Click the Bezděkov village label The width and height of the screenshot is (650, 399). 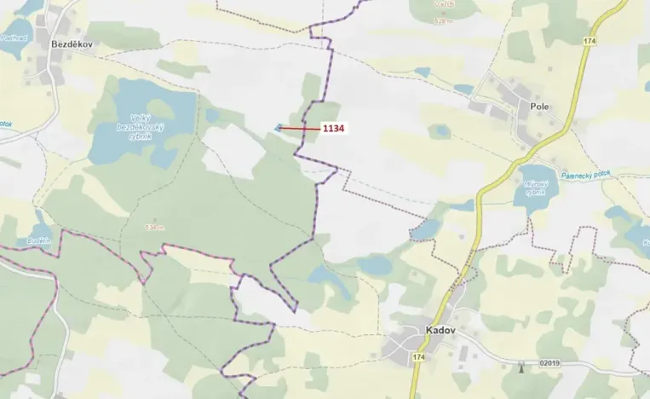(71, 43)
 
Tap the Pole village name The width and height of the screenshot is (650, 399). (538, 107)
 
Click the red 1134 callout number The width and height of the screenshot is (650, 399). (333, 128)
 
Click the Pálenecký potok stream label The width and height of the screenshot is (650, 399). (586, 175)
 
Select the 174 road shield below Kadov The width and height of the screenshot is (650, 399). (417, 356)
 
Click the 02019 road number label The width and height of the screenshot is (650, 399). (551, 365)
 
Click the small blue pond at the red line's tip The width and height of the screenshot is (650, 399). (278, 129)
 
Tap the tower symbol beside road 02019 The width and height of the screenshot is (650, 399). (521, 367)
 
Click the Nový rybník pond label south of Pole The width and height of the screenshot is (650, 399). (533, 188)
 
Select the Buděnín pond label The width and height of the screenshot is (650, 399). (39, 240)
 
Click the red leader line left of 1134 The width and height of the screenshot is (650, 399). (300, 128)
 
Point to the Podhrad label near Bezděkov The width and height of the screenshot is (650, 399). (14, 38)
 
